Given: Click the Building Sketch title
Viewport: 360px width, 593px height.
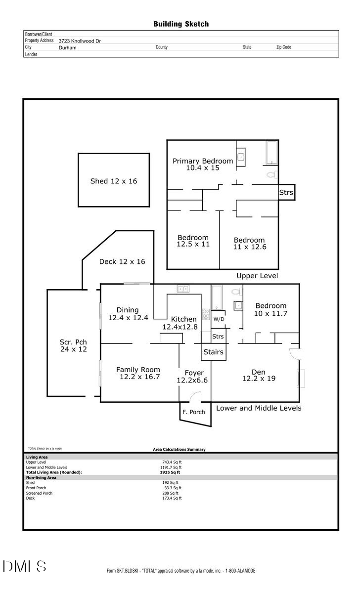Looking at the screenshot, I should pos(180,24).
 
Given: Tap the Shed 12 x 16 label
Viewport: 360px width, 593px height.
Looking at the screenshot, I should pos(113,181).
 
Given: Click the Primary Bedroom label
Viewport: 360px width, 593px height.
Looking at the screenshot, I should pos(202,164).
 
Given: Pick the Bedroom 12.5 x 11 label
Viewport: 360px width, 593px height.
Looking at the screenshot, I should pos(193,241).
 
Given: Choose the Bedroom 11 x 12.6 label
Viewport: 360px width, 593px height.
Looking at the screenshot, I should pos(249,243).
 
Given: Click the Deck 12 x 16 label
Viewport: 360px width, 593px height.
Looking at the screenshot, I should pos(122,261).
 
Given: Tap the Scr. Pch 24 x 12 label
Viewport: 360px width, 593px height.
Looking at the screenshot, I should pos(73,345).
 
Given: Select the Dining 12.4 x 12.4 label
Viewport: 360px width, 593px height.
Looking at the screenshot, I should pos(128,314).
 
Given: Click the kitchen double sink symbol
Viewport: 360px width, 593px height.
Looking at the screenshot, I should pos(184,289).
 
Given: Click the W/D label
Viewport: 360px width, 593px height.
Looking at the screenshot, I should pos(219,319).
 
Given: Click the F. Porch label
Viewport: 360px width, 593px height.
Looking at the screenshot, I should pos(193,412).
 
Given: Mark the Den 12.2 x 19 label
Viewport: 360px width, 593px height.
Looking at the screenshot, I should pos(259,375).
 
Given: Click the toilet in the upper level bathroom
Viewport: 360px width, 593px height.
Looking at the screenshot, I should pos(271,174).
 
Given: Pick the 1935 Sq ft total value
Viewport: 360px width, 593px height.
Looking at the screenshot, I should pos(167,472).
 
